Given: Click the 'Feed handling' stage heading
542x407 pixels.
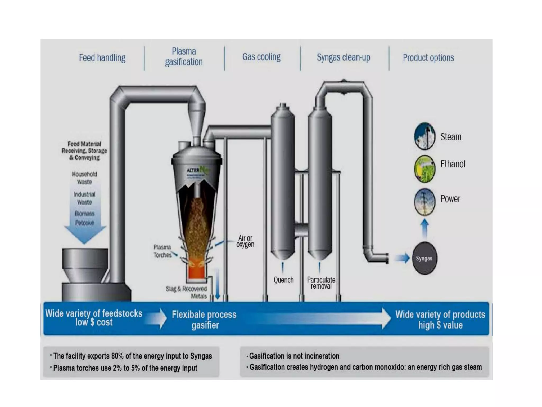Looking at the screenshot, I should pyautogui.click(x=102, y=58).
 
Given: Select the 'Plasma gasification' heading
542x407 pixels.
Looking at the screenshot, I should pyautogui.click(x=184, y=56).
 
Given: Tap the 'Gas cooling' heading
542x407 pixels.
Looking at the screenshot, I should pyautogui.click(x=261, y=57).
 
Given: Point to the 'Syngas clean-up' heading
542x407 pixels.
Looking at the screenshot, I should pyautogui.click(x=344, y=57).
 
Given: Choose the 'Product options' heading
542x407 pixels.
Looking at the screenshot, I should pyautogui.click(x=428, y=58).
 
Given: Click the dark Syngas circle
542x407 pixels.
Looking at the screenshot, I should pyautogui.click(x=424, y=258).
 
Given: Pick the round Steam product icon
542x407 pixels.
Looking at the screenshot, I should pyautogui.click(x=424, y=136).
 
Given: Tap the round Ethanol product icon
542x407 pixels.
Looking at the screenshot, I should pyautogui.click(x=424, y=169).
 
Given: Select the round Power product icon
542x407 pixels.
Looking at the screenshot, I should pyautogui.click(x=424, y=202).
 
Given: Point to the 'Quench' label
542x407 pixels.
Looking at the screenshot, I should pyautogui.click(x=283, y=280).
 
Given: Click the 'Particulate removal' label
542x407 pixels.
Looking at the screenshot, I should pyautogui.click(x=321, y=283).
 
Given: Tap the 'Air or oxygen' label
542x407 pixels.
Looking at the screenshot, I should pyautogui.click(x=245, y=241).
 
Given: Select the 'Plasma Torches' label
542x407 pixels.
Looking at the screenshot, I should pyautogui.click(x=162, y=251).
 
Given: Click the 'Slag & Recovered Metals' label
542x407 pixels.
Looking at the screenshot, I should pyautogui.click(x=187, y=292).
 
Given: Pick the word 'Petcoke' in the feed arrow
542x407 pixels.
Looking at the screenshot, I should pyautogui.click(x=84, y=223).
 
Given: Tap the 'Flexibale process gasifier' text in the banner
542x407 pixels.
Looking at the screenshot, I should pyautogui.click(x=204, y=320).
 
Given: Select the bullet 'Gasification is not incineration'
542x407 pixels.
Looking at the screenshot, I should pyautogui.click(x=294, y=356).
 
